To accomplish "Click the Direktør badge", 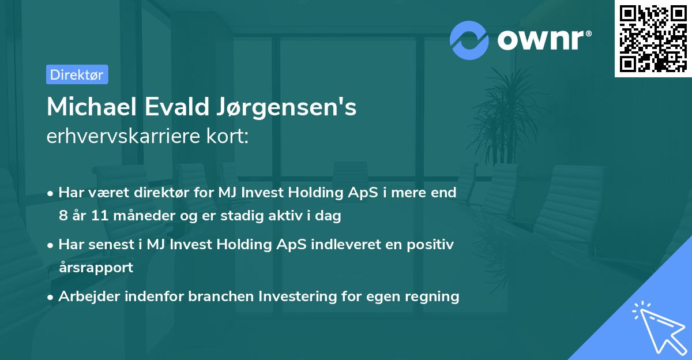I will tap(77, 74).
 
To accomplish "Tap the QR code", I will tap(653, 39).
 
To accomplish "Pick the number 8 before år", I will tap(63, 216).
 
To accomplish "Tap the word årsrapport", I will tap(96, 268).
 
